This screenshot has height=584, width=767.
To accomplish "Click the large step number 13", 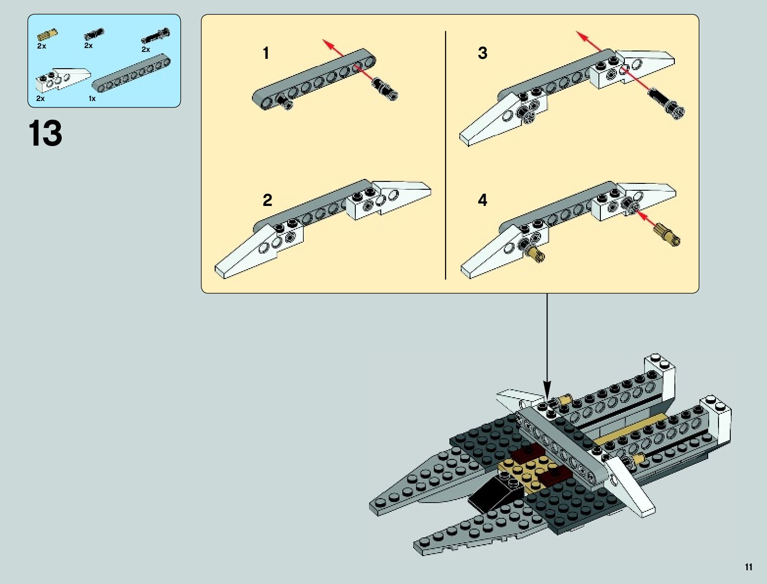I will click(46, 133).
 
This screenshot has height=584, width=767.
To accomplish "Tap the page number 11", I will click(748, 567).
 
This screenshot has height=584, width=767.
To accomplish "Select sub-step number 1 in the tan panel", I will click(266, 53).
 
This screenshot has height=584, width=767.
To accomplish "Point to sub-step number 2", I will click(267, 200).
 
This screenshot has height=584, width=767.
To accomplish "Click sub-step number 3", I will click(483, 53).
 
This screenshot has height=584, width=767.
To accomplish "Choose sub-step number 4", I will click(483, 200).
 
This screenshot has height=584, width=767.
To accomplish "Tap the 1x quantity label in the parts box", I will click(92, 99).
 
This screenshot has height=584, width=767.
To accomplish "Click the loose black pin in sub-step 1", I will click(386, 90).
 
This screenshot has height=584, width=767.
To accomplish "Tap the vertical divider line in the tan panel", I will click(445, 155).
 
